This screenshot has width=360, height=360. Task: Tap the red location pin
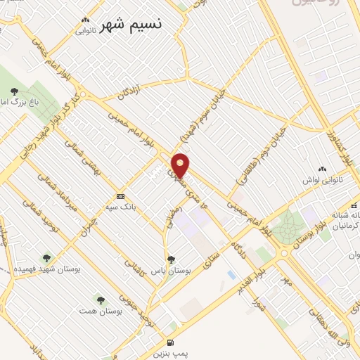(x=181, y=165)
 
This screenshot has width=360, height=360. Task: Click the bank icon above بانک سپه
(x=121, y=196)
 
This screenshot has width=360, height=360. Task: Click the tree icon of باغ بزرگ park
(x=15, y=91)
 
